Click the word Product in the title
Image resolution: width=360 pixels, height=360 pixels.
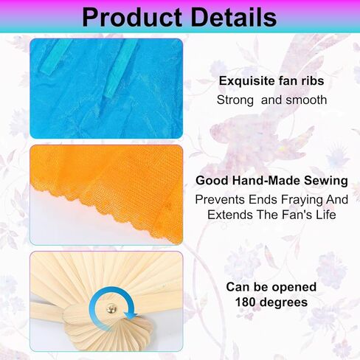[x=132, y=17]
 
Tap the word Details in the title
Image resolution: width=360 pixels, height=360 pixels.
[x=234, y=17]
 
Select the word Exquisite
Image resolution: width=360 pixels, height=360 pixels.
[x=246, y=81]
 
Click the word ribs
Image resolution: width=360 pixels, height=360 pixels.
[x=313, y=80]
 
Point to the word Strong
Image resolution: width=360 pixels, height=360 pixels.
[x=235, y=100]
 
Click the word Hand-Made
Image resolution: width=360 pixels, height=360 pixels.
[x=266, y=180]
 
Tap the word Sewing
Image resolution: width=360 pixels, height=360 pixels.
[x=326, y=181]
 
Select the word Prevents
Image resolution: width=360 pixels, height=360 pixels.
[x=220, y=199]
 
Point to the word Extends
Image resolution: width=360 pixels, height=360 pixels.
[x=230, y=215]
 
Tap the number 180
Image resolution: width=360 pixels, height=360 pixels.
[x=246, y=302]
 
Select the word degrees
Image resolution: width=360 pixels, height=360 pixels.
[x=284, y=302]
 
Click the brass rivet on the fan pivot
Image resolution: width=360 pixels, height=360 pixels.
[x=111, y=308]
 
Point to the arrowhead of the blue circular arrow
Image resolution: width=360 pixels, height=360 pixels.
[x=131, y=315]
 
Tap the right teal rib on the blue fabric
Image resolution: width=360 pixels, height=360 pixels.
[x=121, y=68]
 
